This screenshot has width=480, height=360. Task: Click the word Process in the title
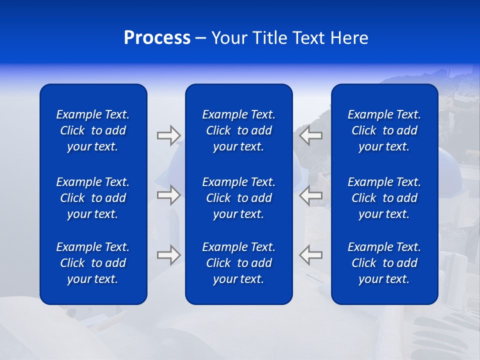coord(157,38)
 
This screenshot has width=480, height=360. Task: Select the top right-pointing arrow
coord(168,135)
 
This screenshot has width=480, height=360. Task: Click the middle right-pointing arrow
coord(168,195)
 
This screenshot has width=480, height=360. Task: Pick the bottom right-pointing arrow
coord(168,255)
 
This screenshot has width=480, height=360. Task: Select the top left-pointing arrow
coord(311,135)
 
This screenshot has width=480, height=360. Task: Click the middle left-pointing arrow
coord(311,195)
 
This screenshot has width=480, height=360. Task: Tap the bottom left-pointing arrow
coord(311,255)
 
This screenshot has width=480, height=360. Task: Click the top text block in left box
coord(93,130)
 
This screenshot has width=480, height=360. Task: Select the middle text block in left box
coord(93,198)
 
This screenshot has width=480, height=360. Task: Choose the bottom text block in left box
coord(93,263)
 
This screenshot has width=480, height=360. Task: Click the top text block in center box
coord(238,130)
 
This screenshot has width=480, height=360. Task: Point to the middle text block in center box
coord(238,198)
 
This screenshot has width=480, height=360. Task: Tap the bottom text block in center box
coord(238,263)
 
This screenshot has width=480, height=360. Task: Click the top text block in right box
coord(384,130)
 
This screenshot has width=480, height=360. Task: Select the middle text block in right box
coord(384,198)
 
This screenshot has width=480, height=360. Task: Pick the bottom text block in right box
coord(384,263)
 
